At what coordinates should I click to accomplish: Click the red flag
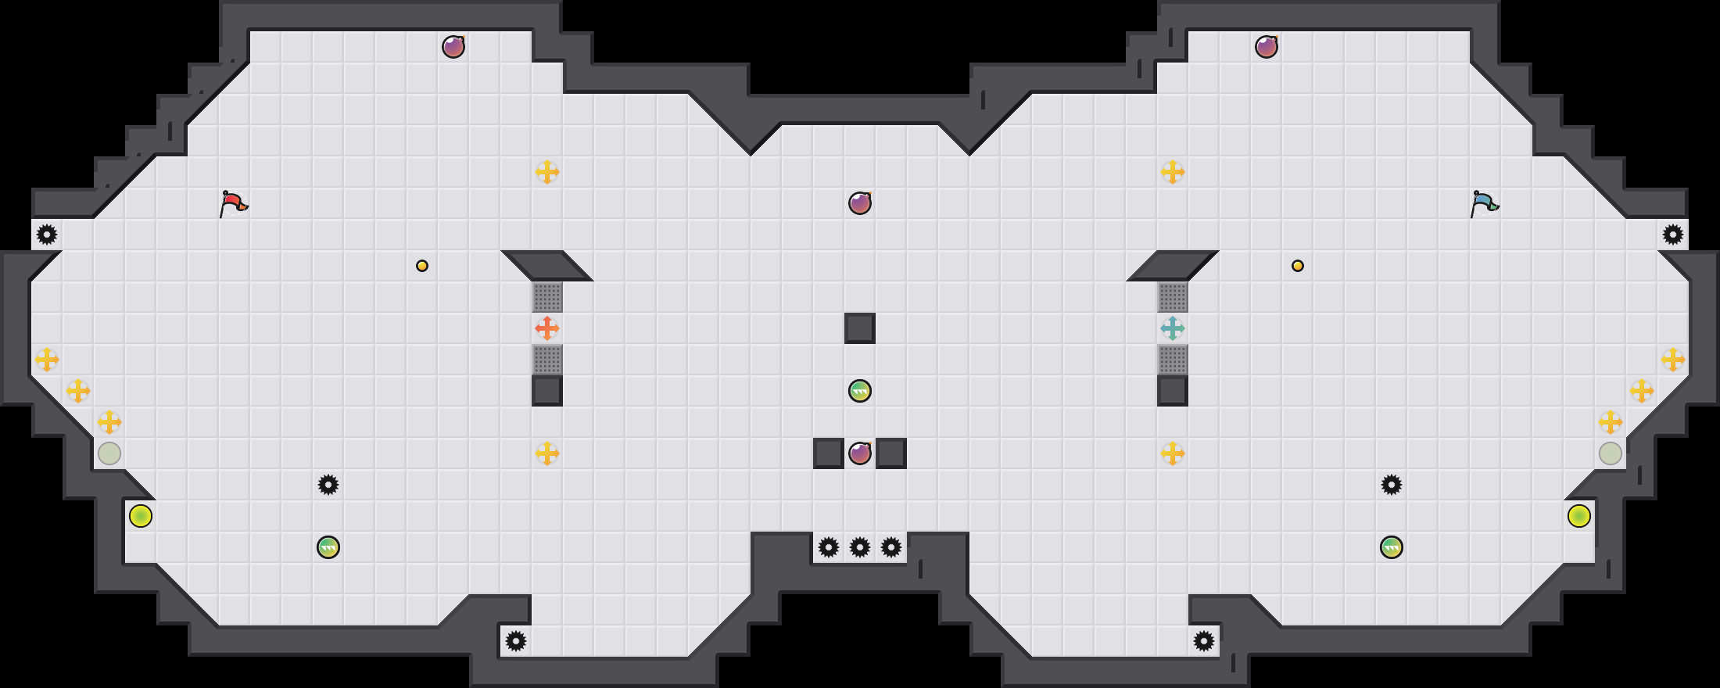(x=233, y=203)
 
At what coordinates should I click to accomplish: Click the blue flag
(x=1484, y=203)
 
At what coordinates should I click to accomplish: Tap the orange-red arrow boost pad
(x=547, y=328)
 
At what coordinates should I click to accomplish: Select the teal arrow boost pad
(x=1173, y=328)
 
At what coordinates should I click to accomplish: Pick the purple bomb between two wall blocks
(x=860, y=453)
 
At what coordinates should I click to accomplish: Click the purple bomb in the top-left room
(x=453, y=47)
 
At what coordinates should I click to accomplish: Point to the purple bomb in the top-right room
(x=1267, y=47)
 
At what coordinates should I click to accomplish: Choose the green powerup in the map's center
(x=860, y=391)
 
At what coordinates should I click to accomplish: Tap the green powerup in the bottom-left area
(x=328, y=547)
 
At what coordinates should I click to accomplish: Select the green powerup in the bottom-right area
(x=1392, y=547)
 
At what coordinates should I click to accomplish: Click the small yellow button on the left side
(x=422, y=266)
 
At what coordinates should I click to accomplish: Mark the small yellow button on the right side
(x=1298, y=266)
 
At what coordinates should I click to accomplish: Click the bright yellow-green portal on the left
(x=141, y=516)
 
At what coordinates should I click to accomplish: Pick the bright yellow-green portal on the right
(x=1579, y=516)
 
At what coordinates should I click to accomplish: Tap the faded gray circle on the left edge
(x=109, y=453)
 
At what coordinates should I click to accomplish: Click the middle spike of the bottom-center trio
(x=860, y=547)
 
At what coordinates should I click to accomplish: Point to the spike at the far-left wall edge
(x=47, y=235)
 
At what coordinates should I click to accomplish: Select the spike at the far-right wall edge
(x=1673, y=235)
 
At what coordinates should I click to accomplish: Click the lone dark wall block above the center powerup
(x=860, y=328)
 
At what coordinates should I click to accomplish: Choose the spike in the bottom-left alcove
(x=516, y=641)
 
